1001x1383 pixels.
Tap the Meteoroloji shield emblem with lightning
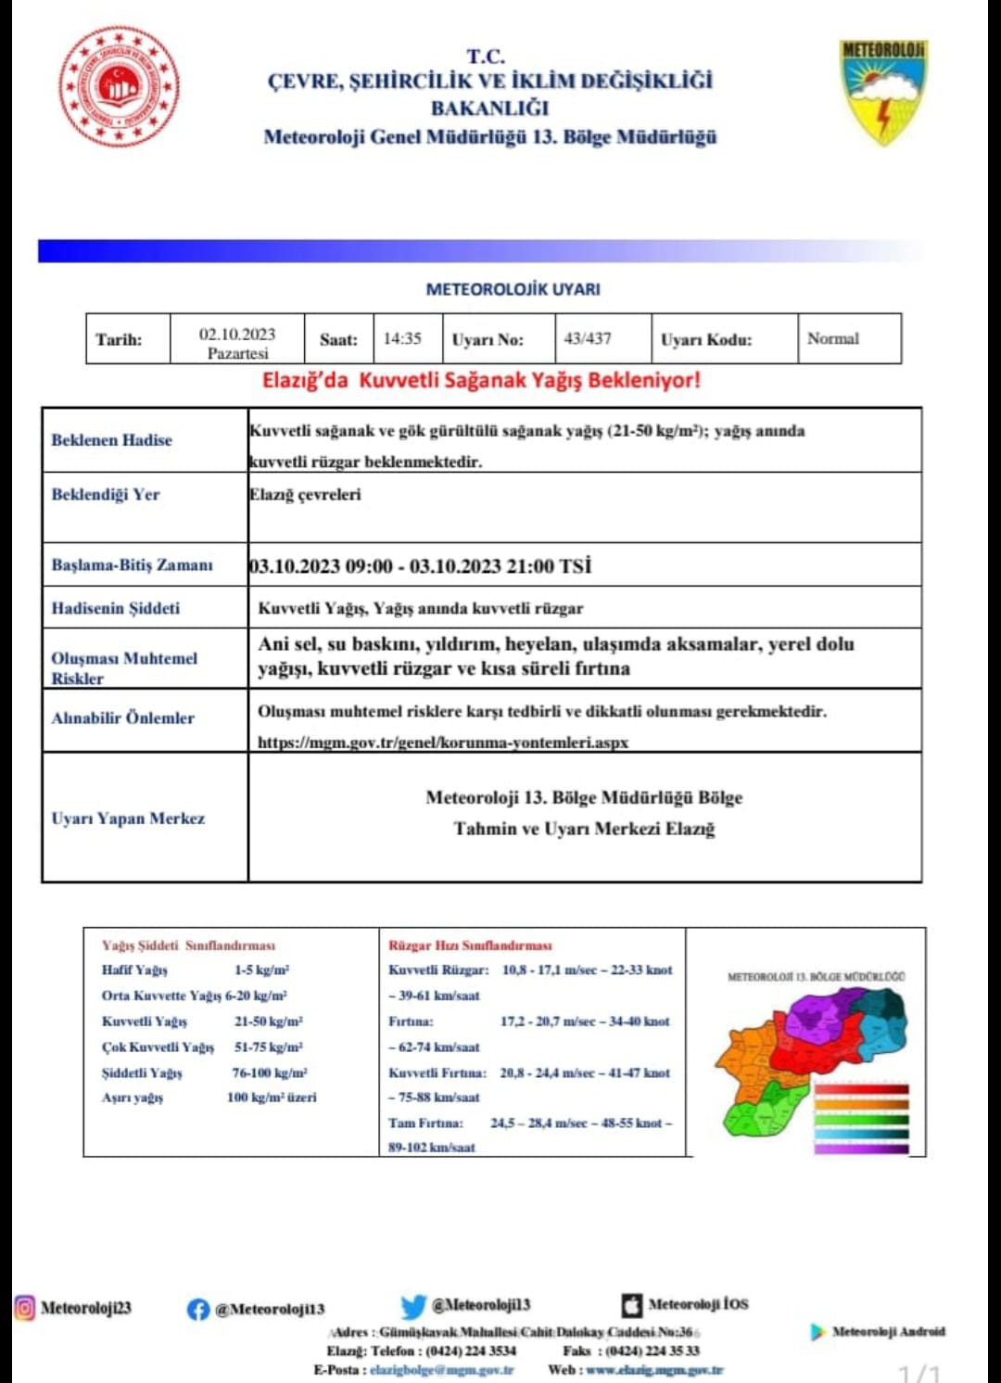883,91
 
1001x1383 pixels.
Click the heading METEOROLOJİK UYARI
513,289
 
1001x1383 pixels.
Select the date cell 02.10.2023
237,339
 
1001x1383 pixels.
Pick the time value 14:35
402,338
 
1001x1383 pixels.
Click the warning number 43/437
588,338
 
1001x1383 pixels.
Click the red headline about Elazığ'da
481,380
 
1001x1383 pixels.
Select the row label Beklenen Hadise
112,439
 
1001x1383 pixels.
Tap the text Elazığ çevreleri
306,494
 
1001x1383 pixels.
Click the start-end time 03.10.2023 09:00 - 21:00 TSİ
420,565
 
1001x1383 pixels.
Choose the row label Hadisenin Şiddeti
116,608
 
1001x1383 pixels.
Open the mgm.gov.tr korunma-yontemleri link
443,742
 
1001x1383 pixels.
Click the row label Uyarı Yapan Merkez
128,818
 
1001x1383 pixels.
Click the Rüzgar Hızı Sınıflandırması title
470,945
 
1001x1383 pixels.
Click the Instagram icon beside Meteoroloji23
24,1308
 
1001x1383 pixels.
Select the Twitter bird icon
413,1306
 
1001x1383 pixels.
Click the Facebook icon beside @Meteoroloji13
197,1309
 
